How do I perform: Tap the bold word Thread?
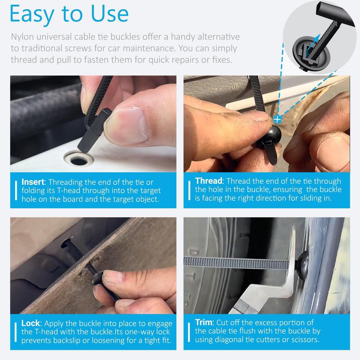click(x=209, y=181)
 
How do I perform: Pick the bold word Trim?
click(x=204, y=322)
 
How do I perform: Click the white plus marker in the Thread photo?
click(x=277, y=120)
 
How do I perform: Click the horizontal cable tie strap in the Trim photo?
click(x=239, y=263)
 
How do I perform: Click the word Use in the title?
click(x=108, y=14)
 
